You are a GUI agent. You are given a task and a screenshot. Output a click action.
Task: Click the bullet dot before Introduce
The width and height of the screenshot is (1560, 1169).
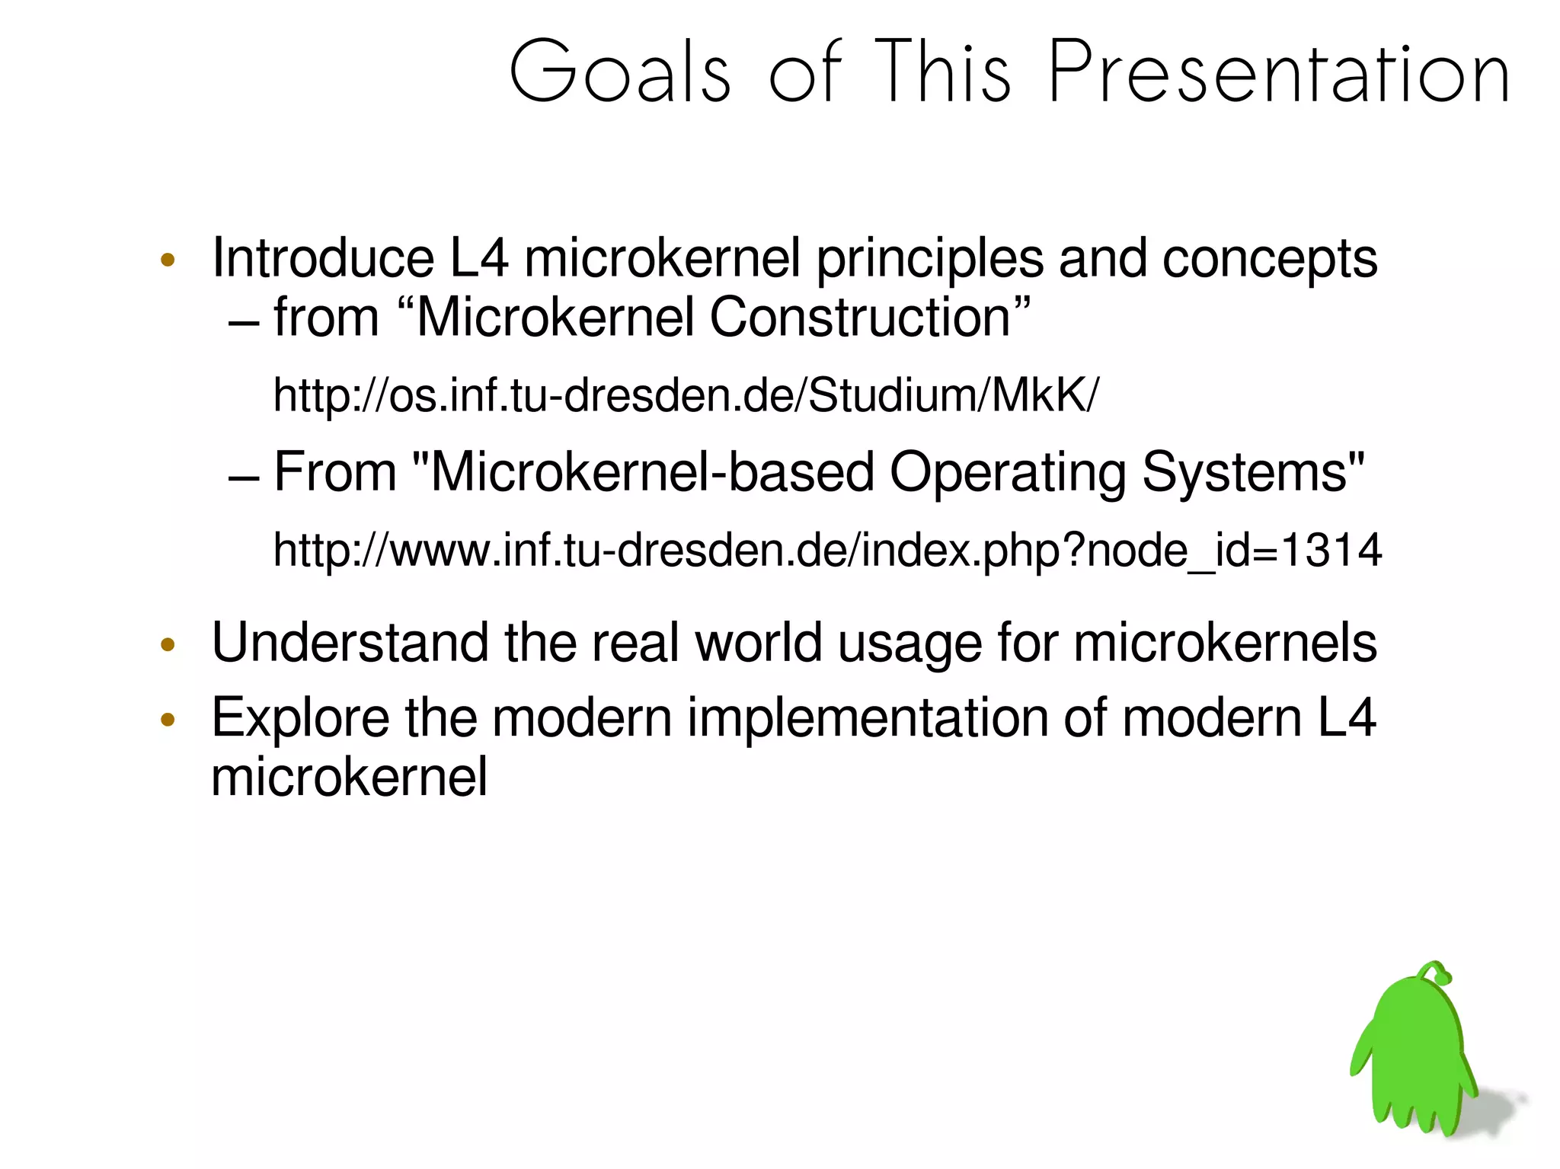tap(168, 260)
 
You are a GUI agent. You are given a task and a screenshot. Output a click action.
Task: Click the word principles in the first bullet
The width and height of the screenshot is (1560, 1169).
tap(929, 260)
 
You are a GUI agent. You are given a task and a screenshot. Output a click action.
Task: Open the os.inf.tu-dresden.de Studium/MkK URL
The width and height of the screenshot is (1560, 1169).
tap(686, 396)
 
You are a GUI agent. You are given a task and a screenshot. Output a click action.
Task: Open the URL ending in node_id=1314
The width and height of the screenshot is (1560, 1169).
tap(826, 551)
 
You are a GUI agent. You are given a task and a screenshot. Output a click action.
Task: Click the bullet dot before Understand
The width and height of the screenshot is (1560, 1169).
tap(168, 646)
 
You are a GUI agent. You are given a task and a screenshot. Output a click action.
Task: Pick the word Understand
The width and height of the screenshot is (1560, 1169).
tap(350, 644)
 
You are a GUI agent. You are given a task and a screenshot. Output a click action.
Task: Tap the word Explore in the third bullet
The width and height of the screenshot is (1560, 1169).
tap(299, 719)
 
